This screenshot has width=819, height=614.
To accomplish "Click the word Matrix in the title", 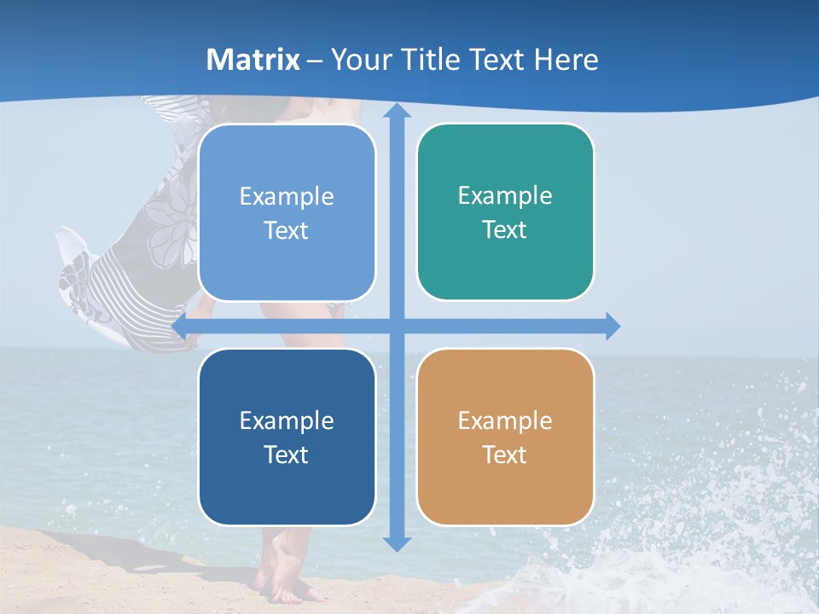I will (x=253, y=60).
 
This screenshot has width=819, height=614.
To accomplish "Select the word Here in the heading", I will (x=566, y=60).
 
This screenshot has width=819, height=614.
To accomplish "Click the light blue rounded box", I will (x=287, y=212).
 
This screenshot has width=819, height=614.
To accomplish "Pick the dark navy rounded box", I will (x=287, y=437).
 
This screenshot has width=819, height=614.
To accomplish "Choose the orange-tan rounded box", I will (x=505, y=437).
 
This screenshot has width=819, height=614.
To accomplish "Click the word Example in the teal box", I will (x=505, y=195).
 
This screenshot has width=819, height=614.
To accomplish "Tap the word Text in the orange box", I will (x=505, y=455).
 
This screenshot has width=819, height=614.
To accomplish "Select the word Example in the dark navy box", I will (x=287, y=420).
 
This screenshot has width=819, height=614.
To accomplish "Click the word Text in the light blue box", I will (x=287, y=230).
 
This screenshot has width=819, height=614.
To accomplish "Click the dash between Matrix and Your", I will (x=315, y=61).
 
